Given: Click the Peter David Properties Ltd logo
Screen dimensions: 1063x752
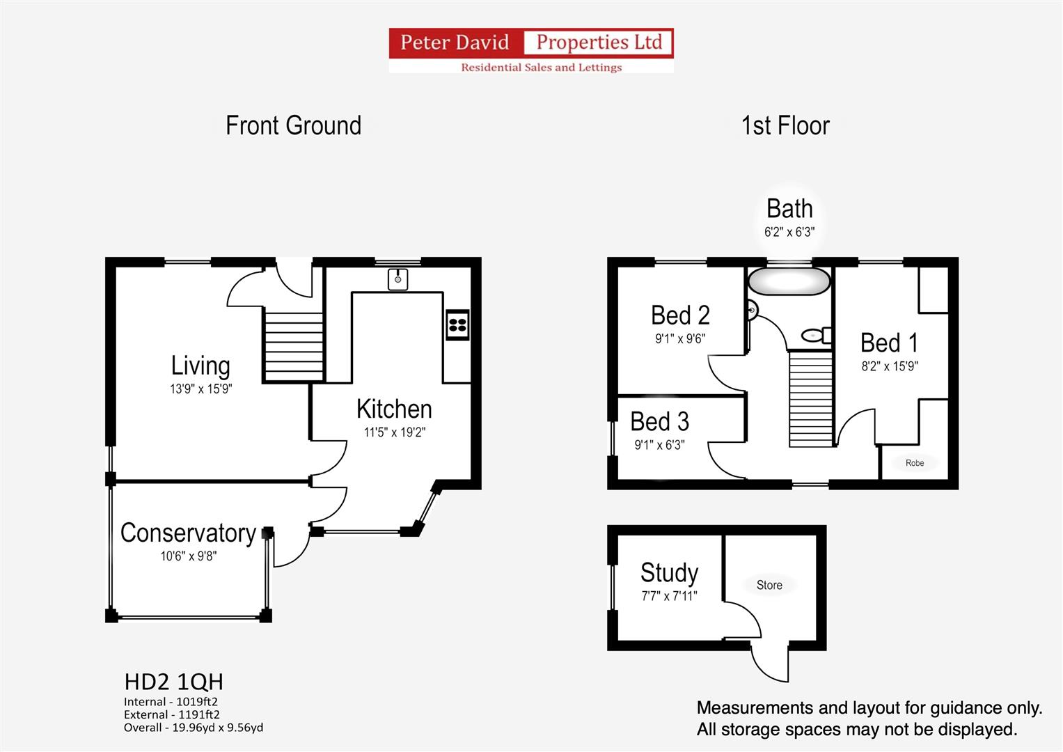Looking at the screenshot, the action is [531, 50].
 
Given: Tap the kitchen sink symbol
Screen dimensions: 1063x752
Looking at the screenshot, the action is [397, 279].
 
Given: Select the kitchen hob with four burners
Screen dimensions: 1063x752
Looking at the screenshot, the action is [457, 324].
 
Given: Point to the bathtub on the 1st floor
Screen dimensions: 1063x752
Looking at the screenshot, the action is [789, 281].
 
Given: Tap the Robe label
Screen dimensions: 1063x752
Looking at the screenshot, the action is [915, 463].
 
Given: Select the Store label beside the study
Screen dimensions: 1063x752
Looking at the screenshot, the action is [769, 585].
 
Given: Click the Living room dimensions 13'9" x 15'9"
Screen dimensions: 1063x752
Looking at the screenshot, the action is [200, 389].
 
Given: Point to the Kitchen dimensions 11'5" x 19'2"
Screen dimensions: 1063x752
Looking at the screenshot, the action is [394, 432].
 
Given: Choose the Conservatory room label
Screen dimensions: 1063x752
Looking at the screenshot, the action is [188, 533].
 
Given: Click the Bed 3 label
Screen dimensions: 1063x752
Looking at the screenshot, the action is [660, 421].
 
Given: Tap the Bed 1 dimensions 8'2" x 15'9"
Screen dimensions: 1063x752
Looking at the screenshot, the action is [890, 366].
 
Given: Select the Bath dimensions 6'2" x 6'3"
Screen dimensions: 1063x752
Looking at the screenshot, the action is [789, 232].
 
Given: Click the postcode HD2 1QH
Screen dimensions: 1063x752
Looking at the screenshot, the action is [174, 682].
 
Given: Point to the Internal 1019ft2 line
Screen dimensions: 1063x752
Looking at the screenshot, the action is [171, 702].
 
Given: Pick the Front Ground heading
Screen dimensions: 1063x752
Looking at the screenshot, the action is [293, 125].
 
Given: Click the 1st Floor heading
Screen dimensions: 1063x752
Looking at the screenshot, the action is [785, 126].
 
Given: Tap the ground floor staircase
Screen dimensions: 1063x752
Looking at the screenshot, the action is [294, 347].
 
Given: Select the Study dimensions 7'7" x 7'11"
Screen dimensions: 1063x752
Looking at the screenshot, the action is [669, 596].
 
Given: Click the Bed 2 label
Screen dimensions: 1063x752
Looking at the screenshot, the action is [680, 315].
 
